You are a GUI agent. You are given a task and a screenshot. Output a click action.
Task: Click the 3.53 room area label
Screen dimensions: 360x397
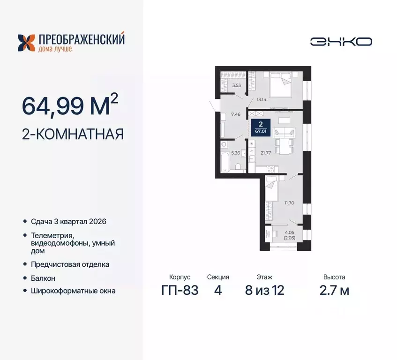[236, 85]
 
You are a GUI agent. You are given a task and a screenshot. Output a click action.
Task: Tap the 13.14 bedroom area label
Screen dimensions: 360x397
[262, 99]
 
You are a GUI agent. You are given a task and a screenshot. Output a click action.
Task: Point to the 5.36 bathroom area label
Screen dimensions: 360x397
[236, 152]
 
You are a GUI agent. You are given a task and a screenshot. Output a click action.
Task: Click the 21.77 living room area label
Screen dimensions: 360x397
[265, 153]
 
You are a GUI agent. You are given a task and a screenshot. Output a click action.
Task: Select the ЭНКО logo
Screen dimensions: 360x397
[341, 41]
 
